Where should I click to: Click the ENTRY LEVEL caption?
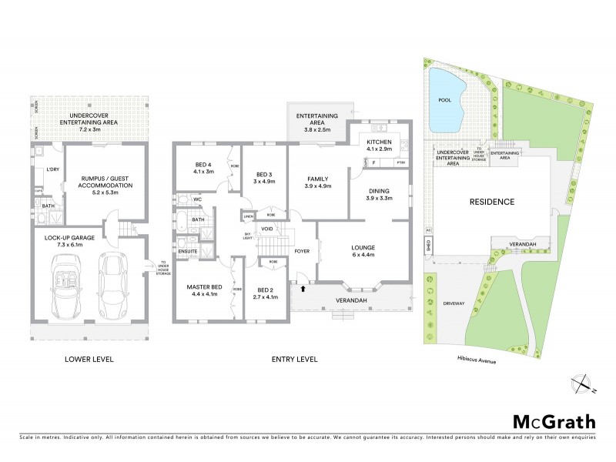pos(293,359)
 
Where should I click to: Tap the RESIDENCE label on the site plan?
pos(491,202)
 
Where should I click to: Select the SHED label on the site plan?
pos(428,246)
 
